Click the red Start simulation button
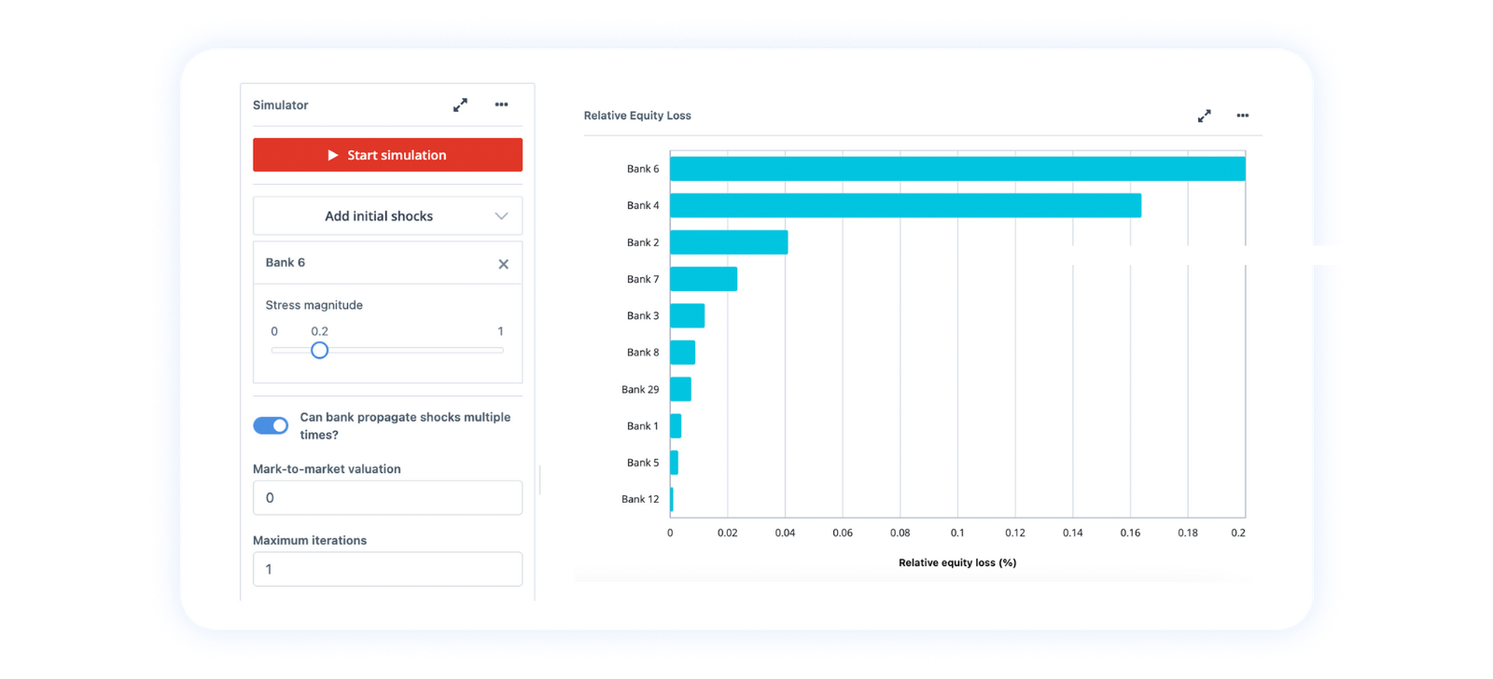387,155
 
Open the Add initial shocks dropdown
387,216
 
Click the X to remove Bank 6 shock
503,264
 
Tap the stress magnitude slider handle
319,351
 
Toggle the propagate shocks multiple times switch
271,425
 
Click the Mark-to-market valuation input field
387,498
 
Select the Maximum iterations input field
387,569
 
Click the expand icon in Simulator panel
460,105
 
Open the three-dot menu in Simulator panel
501,104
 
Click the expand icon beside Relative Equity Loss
1204,116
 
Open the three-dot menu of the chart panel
1242,116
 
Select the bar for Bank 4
905,205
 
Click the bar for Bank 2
729,242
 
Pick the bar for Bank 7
704,279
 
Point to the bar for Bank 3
687,315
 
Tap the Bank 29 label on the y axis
640,390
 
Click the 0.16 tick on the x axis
1130,533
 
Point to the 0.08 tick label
900,533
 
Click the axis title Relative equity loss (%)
957,562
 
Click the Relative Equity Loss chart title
637,116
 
